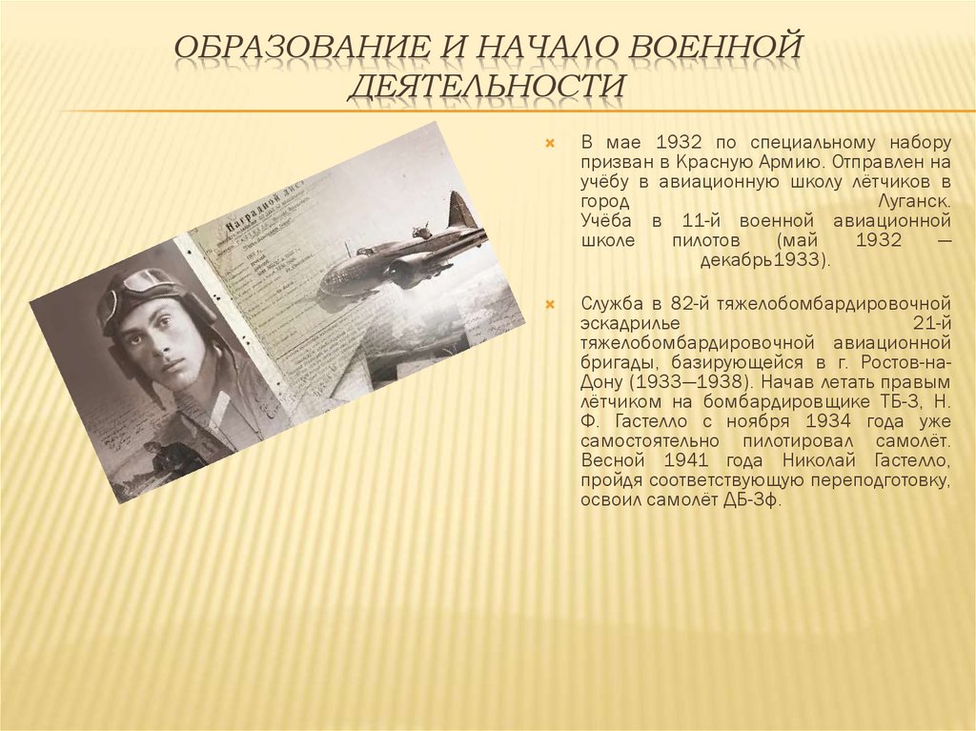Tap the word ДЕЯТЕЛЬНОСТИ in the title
[x=486, y=85]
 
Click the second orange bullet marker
[x=549, y=304]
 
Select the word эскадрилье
[x=629, y=322]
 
